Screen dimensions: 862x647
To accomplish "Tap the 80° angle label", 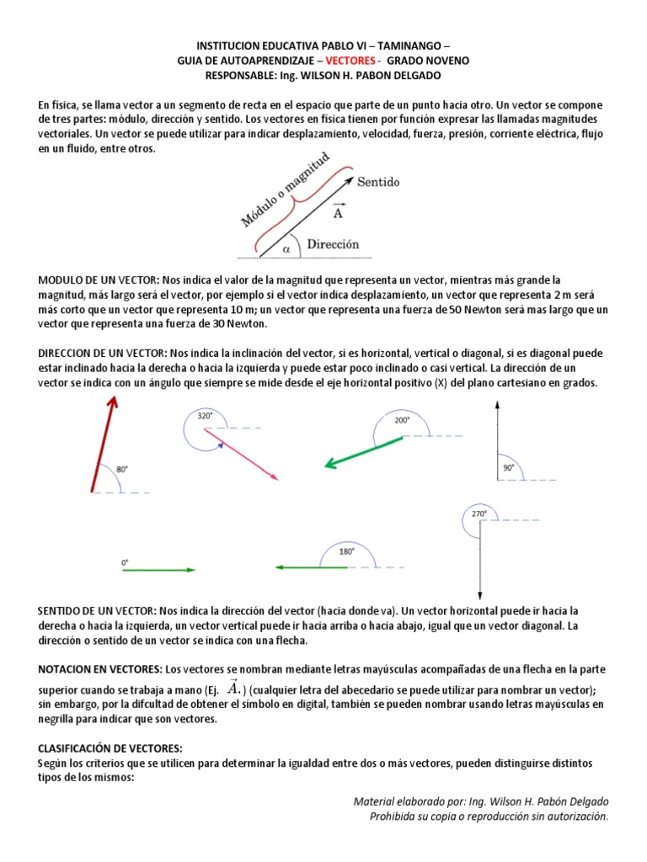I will (122, 469).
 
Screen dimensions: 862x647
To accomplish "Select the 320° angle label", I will (205, 415).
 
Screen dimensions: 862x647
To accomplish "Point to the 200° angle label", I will (402, 419).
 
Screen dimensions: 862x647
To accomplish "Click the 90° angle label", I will (509, 468).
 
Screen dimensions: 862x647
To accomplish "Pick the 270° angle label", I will (479, 513).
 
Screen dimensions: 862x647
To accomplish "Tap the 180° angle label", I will (346, 552).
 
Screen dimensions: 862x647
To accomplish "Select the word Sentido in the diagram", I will (378, 182).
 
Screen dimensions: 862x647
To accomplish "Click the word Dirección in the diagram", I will (333, 245).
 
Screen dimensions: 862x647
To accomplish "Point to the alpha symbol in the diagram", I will (286, 249).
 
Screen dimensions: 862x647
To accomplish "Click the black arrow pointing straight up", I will (498, 441).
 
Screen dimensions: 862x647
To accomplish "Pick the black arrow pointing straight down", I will (479, 560).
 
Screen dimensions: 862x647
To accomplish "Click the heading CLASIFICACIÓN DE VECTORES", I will (110, 748).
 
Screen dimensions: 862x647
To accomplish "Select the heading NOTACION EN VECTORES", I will (100, 668).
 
